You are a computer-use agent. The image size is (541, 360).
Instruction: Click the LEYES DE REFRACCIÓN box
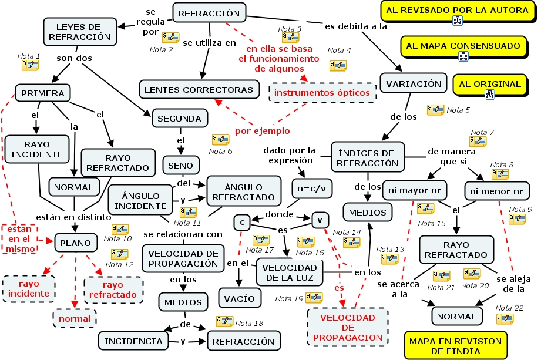click(79, 32)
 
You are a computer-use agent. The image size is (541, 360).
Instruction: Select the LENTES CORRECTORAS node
click(200, 90)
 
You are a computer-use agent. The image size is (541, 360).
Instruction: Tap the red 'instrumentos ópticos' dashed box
click(322, 93)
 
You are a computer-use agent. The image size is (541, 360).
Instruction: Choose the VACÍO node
click(239, 298)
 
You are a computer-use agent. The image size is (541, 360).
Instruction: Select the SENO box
click(181, 166)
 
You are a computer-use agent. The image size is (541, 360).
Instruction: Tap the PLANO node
click(76, 242)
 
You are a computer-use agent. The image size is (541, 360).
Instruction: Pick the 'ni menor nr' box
click(494, 191)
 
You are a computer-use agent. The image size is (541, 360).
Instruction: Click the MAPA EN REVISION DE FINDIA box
click(455, 346)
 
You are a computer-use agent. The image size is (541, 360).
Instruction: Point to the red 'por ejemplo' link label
click(262, 130)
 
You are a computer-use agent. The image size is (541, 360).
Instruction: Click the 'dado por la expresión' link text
click(289, 155)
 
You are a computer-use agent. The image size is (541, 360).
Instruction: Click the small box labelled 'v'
click(320, 220)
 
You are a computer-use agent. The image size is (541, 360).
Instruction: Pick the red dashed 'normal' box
click(75, 319)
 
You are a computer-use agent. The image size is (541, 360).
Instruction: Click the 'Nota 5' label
click(458, 110)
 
